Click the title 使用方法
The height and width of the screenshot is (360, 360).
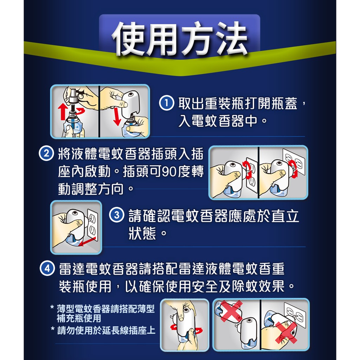pos(180,39)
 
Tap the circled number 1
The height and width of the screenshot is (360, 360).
pos(166,103)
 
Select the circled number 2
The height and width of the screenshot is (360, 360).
pos(46,153)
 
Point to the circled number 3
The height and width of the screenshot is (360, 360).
pos(117,215)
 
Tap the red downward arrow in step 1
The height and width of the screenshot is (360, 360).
pos(117,116)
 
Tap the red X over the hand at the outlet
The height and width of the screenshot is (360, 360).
pos(286,333)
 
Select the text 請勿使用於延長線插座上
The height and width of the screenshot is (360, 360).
pos(106,330)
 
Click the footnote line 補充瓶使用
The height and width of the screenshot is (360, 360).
pos(79,318)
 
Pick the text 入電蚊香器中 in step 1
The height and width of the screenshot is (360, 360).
pos(218,121)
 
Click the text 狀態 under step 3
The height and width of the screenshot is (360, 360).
pos(142,233)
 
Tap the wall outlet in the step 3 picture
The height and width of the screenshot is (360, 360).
pos(93,225)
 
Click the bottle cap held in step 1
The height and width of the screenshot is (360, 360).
pos(73,95)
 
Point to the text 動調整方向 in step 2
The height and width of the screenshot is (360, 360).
pos(91,189)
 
